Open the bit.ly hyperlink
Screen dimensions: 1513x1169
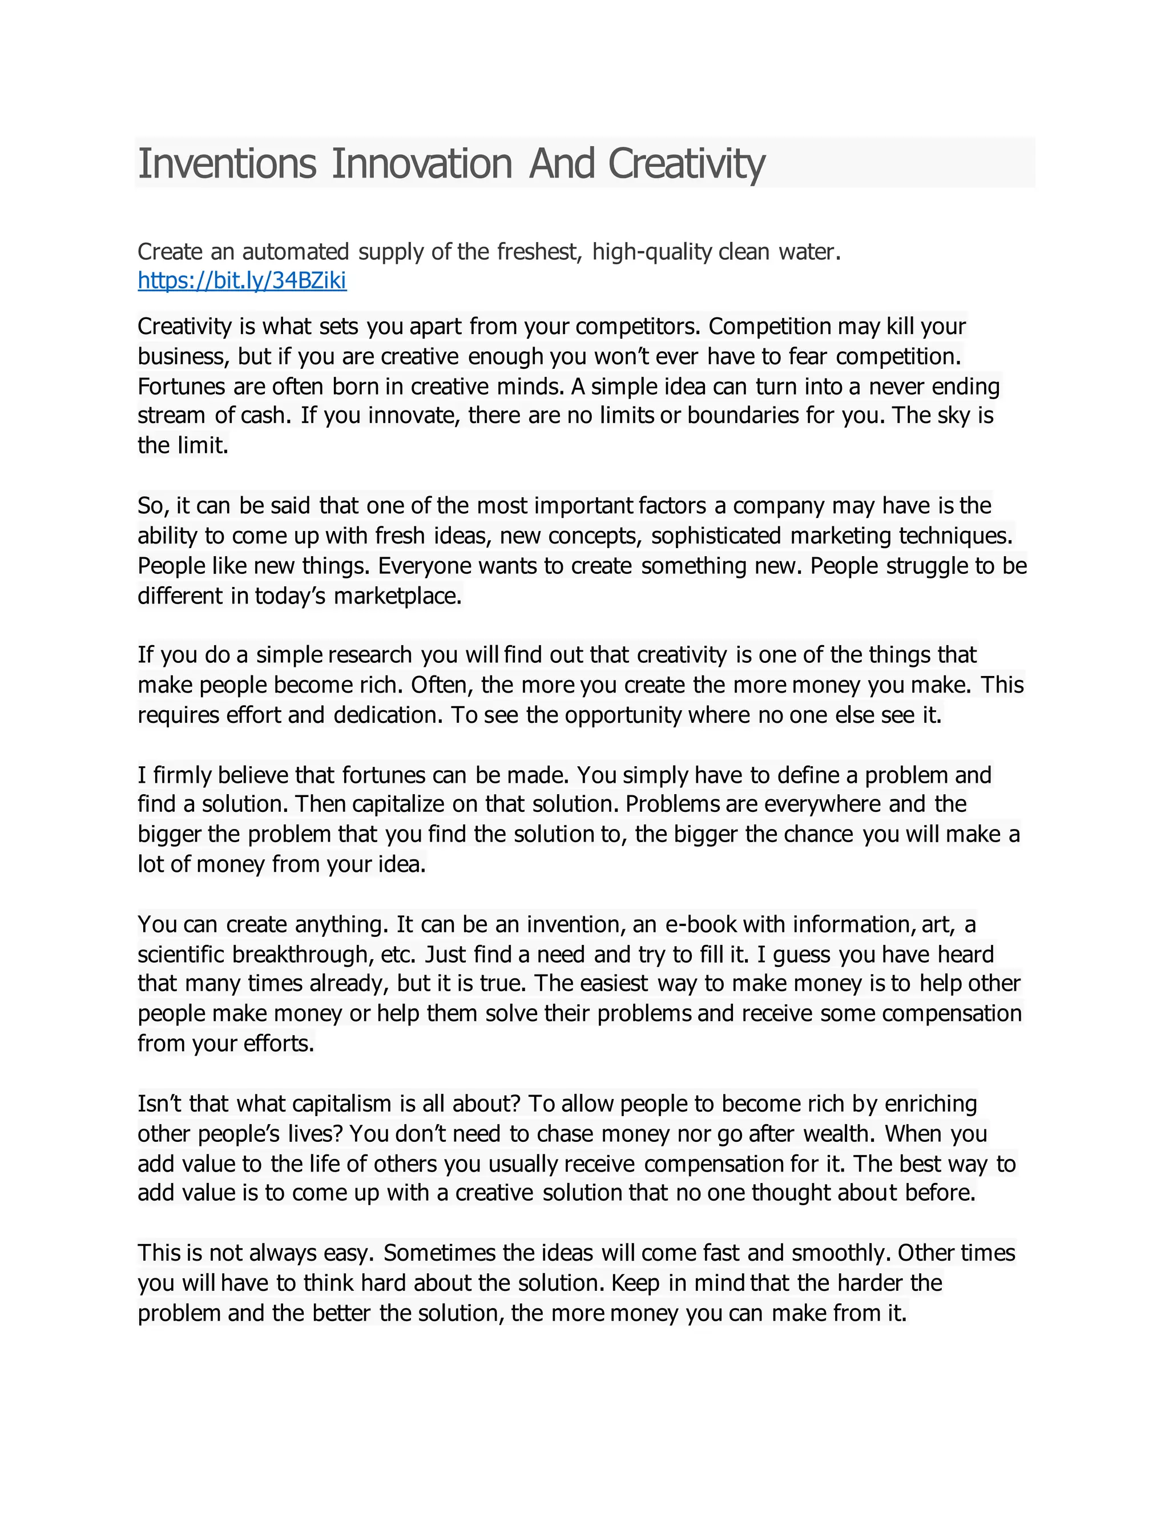[241, 280]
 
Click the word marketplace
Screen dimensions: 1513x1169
[397, 595]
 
